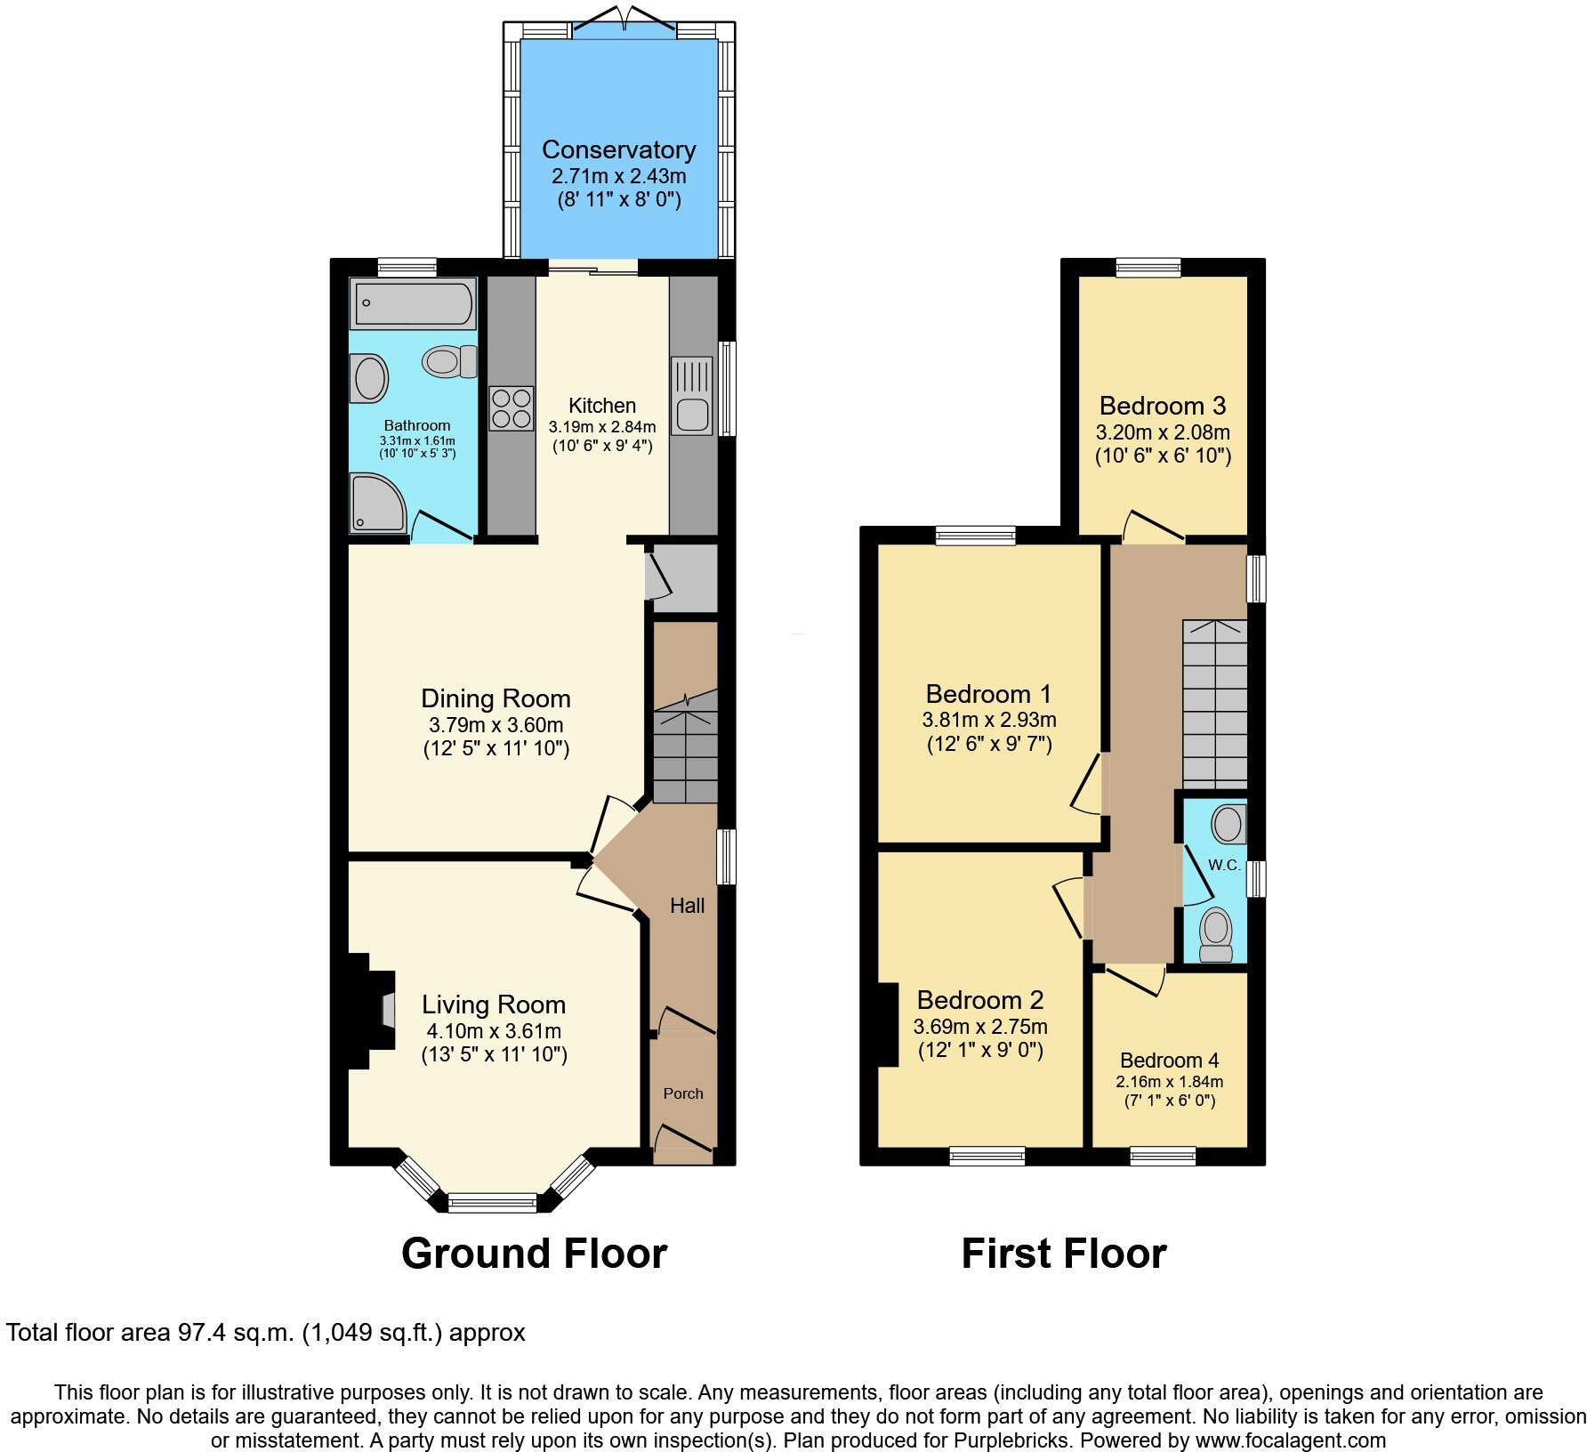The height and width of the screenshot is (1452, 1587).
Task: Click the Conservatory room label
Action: [618, 149]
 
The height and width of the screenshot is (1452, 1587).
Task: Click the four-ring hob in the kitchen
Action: [512, 408]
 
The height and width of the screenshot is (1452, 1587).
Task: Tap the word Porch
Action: [683, 1093]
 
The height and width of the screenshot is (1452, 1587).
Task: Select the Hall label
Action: [687, 905]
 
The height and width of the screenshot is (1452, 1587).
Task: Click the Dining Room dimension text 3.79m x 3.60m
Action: [495, 724]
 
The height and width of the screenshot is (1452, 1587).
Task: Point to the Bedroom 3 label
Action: [1162, 406]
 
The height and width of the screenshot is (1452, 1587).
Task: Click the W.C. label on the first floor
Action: [1223, 865]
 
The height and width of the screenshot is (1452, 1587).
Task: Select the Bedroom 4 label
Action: [1169, 1060]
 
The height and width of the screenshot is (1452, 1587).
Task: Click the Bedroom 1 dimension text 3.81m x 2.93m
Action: [989, 719]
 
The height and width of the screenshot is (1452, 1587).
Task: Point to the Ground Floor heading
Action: [534, 1253]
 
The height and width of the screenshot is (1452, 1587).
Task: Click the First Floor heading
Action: [1063, 1253]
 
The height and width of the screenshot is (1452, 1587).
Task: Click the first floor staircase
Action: [1213, 703]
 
